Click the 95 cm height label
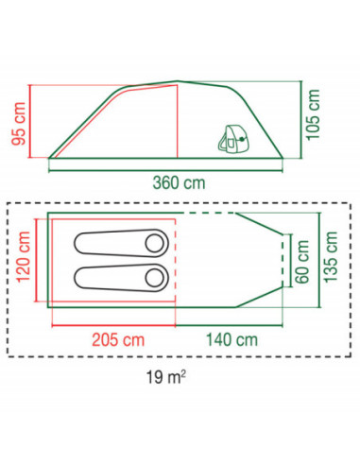click(19, 124)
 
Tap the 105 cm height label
click(313, 114)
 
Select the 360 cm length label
click(179, 183)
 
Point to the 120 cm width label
click(24, 257)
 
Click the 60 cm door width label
click(302, 262)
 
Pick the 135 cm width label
click(331, 257)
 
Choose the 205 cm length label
click(118, 340)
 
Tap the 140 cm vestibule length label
click(231, 340)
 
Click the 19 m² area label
click(166, 377)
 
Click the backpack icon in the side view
click(232, 140)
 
